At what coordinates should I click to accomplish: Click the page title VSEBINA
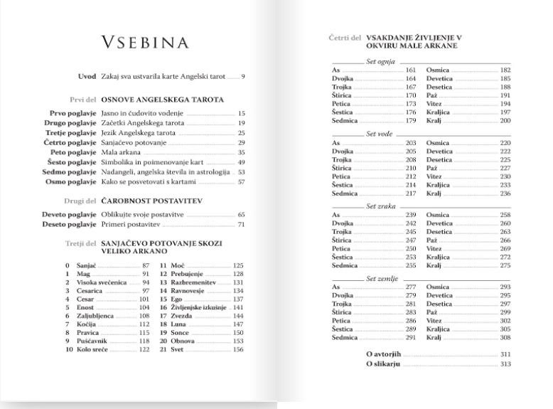[145, 43]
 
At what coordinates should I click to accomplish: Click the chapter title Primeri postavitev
[132, 224]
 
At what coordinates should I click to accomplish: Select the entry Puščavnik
[91, 341]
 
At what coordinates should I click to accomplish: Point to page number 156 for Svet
[238, 350]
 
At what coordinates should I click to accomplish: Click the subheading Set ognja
[380, 62]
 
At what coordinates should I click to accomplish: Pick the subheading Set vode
[380, 134]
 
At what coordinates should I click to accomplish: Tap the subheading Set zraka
[381, 206]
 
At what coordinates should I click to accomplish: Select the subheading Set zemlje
[382, 278]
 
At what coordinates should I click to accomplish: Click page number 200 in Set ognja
[505, 121]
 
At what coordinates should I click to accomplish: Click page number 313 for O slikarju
[505, 364]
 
